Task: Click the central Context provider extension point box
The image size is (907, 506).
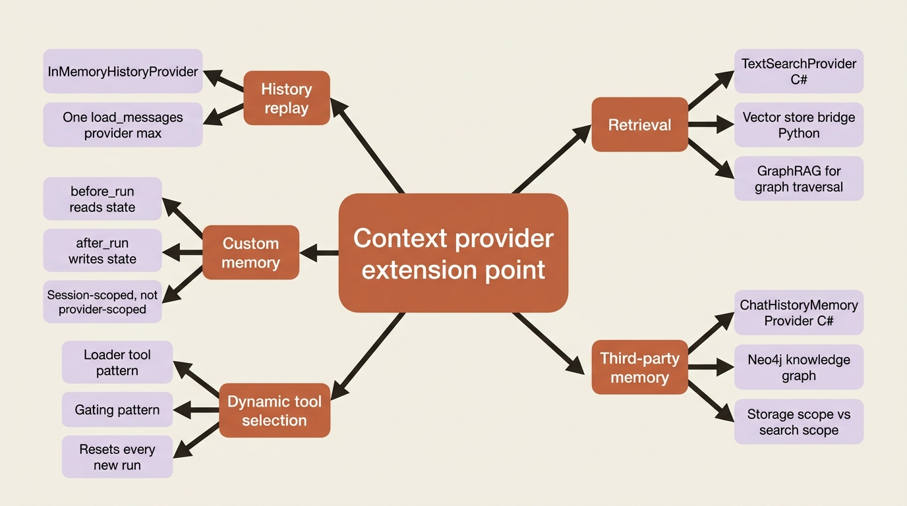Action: pos(453,252)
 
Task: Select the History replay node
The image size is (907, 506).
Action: pos(287,98)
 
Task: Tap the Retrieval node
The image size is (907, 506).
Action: pos(640,125)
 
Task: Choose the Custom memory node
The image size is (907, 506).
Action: pos(250,252)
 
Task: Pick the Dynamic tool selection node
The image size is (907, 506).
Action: pos(274,410)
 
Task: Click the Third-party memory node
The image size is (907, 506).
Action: pos(640,367)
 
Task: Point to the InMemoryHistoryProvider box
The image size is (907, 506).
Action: pos(123,71)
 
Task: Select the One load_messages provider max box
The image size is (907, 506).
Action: pos(123,125)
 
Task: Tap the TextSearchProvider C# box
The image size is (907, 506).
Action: pos(799,71)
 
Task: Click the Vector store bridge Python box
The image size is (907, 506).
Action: pos(799,125)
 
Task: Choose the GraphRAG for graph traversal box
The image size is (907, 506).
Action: pos(799,179)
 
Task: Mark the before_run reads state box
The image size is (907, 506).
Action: pos(102,199)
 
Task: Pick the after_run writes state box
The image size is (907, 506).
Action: pos(102,250)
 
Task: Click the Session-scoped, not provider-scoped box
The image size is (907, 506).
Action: pos(102,302)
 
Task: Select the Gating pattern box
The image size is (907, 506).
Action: pos(117,409)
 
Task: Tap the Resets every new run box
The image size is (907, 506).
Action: pos(117,457)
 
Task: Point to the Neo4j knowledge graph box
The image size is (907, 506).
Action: pos(799,367)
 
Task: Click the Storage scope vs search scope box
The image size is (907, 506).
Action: pos(799,422)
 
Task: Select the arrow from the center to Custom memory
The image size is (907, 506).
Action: pos(319,253)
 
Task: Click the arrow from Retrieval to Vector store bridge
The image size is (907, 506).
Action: pos(711,125)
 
